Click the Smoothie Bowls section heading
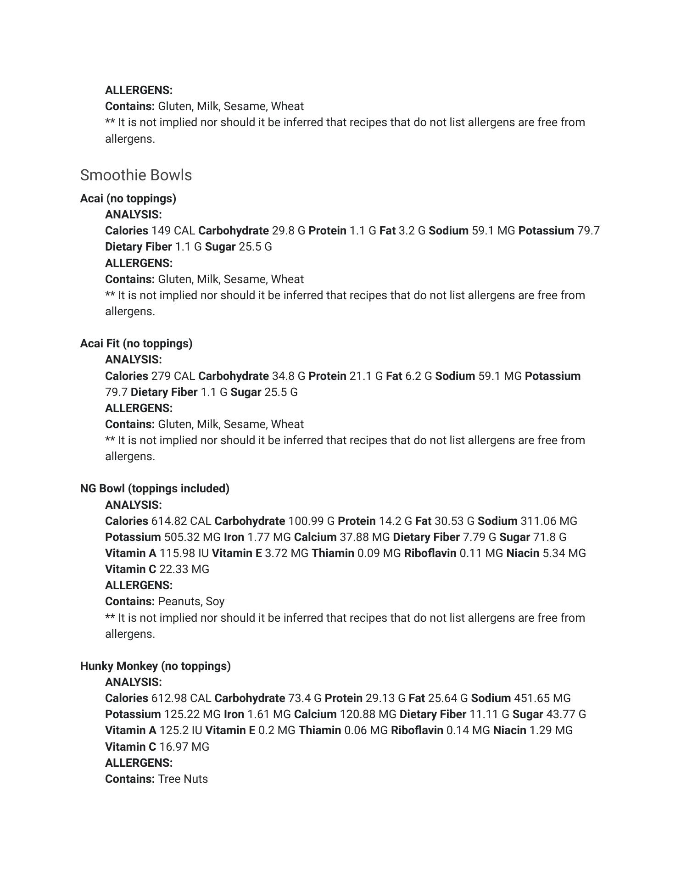136,175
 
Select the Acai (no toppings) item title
128,199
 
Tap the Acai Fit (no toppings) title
136,344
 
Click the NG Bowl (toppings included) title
155,489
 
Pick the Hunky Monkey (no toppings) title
155,666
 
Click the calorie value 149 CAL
173,231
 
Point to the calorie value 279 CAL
173,376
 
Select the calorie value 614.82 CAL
181,521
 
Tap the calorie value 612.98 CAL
181,698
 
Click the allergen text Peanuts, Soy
191,602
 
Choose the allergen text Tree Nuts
183,779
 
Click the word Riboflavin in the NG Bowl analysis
430,553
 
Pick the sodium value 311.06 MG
549,521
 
